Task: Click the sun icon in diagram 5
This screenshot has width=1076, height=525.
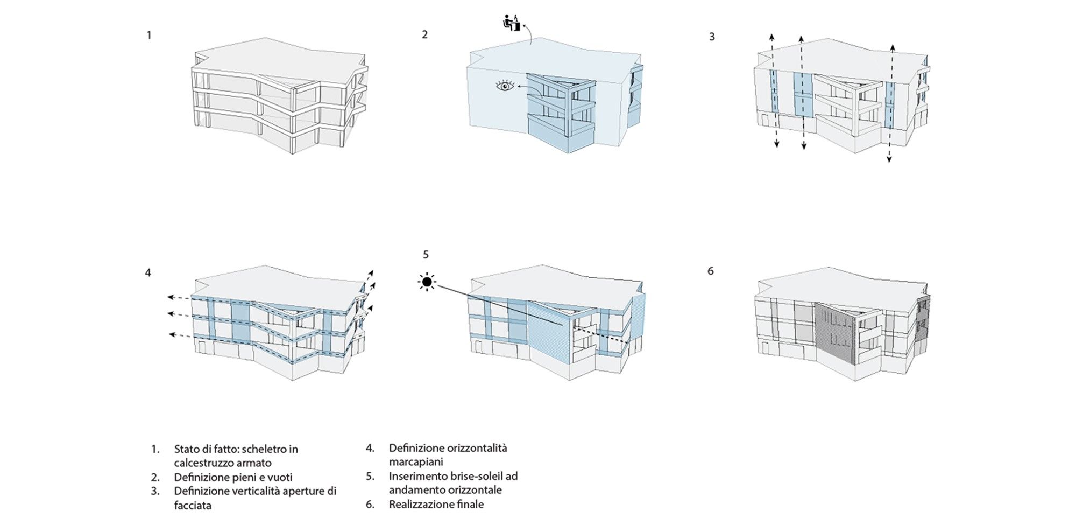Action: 427,282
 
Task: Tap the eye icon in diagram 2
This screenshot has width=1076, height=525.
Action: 505,85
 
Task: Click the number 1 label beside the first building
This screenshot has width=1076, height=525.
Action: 149,36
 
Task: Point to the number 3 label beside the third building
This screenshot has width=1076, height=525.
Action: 712,37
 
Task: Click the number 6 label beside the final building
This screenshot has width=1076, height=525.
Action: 710,271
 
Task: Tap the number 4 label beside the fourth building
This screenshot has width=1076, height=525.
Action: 148,272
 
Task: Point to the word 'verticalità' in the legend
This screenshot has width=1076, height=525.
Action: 256,491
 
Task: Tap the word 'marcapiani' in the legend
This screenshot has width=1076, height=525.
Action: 416,462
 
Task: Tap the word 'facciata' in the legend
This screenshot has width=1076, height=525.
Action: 193,505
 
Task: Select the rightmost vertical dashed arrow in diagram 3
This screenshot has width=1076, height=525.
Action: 890,102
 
